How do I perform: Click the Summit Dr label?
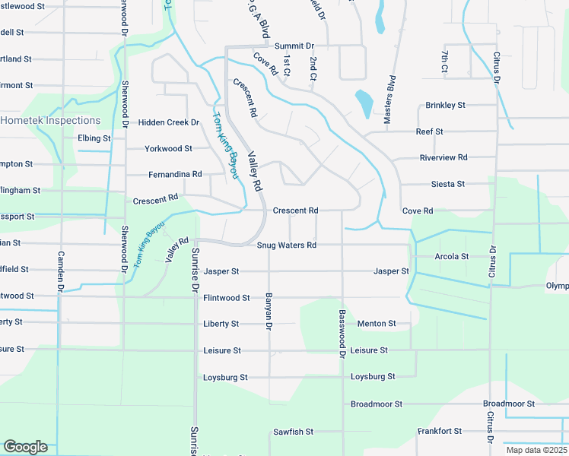[294, 46]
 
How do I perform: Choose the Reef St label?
[429, 131]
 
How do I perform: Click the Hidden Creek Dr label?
[168, 122]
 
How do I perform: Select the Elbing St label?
[94, 138]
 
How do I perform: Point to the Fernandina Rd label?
[175, 174]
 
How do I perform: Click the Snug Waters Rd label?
[286, 245]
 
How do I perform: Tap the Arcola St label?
[451, 256]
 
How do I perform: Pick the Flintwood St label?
[226, 298]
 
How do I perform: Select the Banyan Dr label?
[268, 312]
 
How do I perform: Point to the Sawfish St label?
[293, 432]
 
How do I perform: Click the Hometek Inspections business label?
[50, 120]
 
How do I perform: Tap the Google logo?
[25, 447]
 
